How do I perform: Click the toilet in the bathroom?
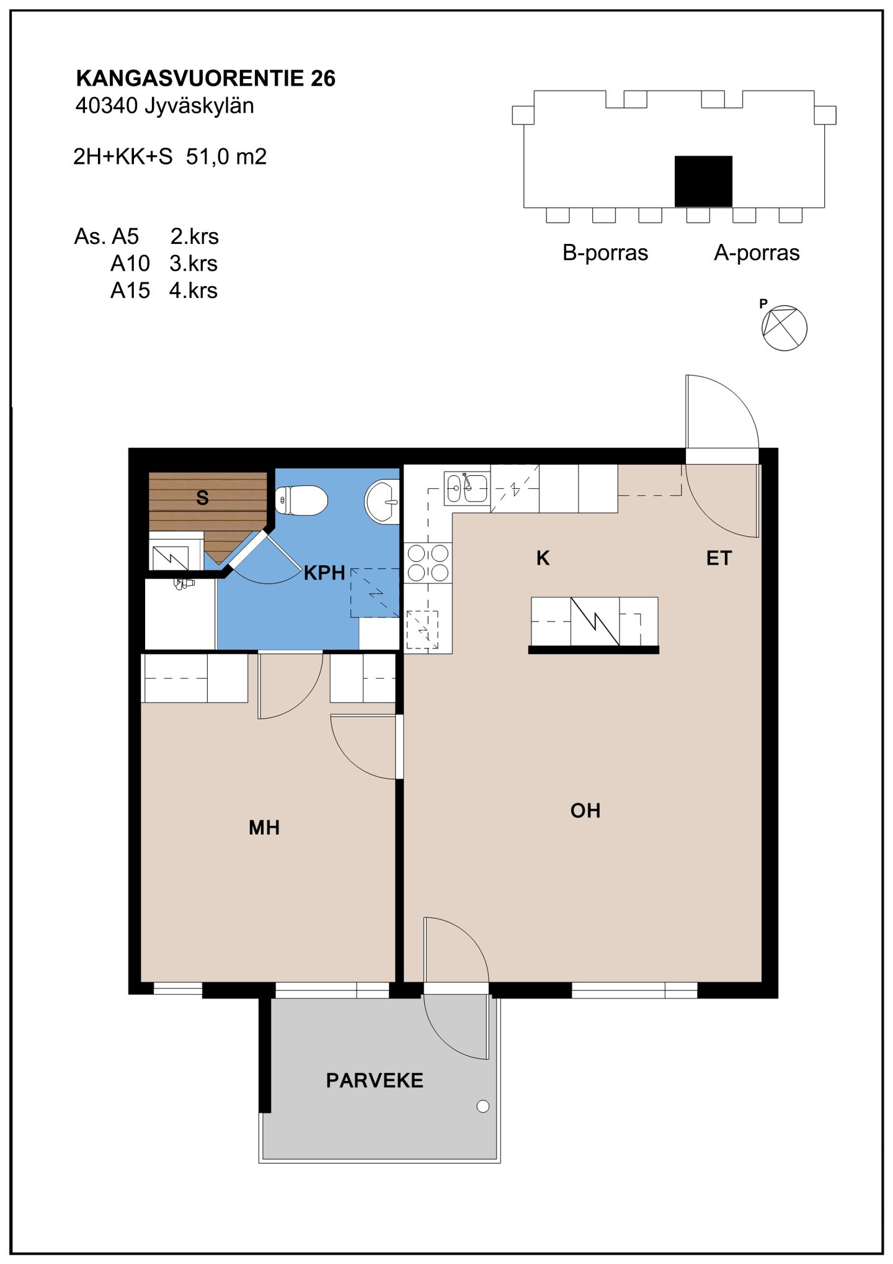tap(301, 500)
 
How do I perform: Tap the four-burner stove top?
tap(428, 563)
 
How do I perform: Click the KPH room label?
tap(324, 573)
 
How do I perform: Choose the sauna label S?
tap(202, 498)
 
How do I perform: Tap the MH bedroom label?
tap(264, 827)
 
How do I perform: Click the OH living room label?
tap(585, 810)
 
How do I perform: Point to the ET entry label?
tap(719, 558)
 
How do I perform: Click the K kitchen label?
tap(543, 558)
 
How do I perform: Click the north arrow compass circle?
tap(784, 328)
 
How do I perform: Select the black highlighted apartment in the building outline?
tap(703, 181)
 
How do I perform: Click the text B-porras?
tap(605, 253)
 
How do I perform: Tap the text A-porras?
tap(757, 253)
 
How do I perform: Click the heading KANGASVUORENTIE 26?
tap(206, 78)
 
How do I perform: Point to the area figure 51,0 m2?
tap(226, 156)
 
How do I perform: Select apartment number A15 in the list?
tap(130, 290)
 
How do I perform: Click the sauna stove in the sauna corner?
tap(171, 557)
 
